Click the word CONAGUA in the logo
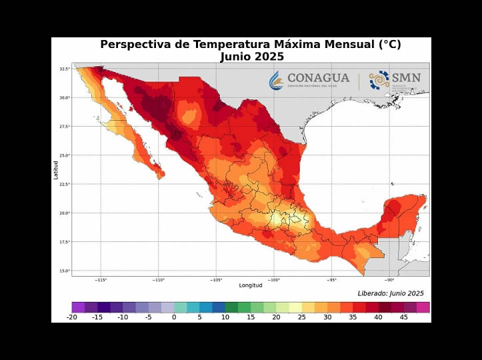coord(318,77)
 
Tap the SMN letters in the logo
coord(407,77)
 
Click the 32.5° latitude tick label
coord(64,69)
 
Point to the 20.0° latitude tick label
coord(64,213)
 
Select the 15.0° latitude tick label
coord(64,271)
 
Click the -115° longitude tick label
coord(101,280)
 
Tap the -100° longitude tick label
coord(274,280)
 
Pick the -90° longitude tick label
coord(389,280)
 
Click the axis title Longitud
coord(251,286)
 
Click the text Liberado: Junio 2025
coord(390,293)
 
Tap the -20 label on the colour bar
coord(72,317)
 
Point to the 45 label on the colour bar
coord(404,317)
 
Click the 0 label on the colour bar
coord(174,317)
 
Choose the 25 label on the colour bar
coord(302,317)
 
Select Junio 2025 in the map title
coord(251,57)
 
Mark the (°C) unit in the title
coord(390,45)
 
